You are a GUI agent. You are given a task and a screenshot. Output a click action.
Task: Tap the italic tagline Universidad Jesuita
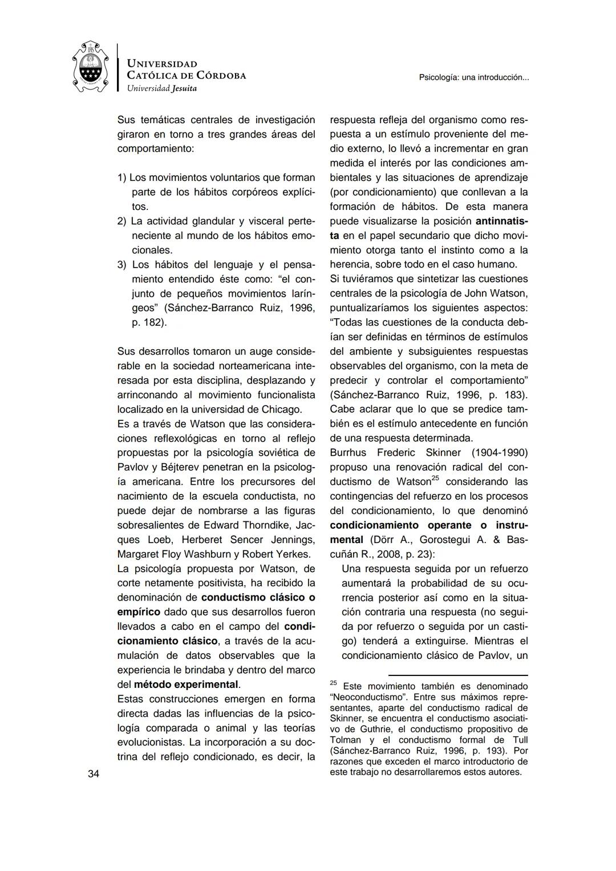click(x=161, y=88)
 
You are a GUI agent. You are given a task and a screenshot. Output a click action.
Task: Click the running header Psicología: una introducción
click(x=474, y=77)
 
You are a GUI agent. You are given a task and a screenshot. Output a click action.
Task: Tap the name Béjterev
click(x=172, y=467)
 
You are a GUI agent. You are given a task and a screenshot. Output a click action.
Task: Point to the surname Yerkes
click(x=292, y=554)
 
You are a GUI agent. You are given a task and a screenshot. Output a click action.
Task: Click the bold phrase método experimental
click(x=187, y=684)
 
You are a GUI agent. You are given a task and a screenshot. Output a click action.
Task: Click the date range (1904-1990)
click(x=500, y=452)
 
